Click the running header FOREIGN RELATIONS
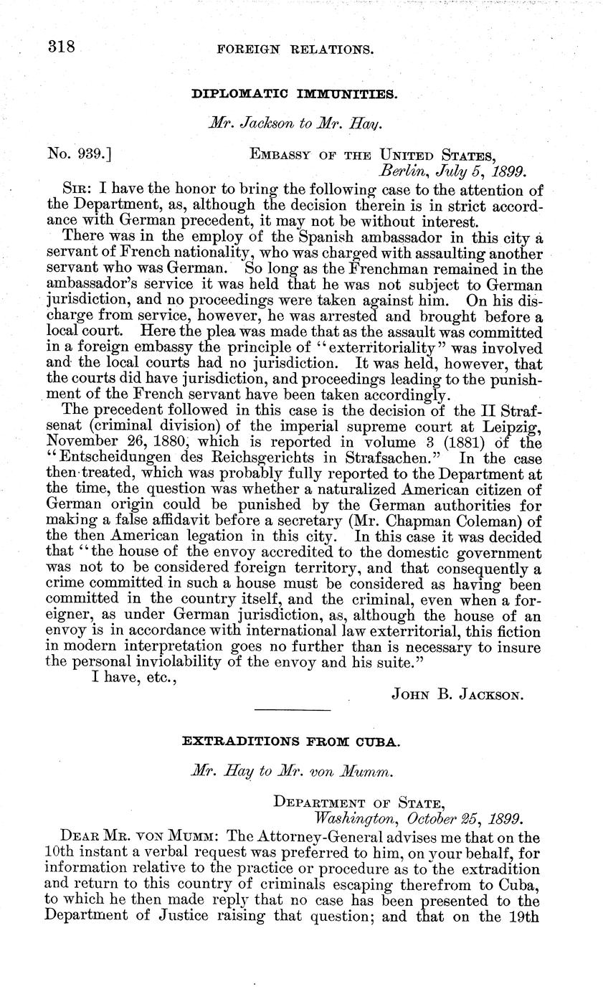[295, 50]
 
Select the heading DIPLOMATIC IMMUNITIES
[295, 94]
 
